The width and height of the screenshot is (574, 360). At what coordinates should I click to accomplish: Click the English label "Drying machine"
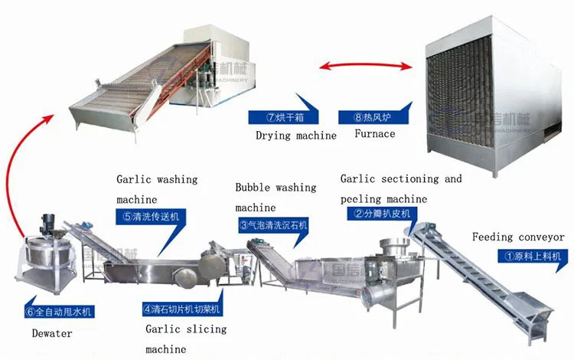[x=295, y=136]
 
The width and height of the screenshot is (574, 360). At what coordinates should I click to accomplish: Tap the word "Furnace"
[x=375, y=133]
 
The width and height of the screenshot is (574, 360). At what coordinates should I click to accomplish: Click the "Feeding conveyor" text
[x=518, y=237]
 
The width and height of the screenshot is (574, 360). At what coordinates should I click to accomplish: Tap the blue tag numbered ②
[x=383, y=214]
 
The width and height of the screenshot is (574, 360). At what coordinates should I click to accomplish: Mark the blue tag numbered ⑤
[x=150, y=217]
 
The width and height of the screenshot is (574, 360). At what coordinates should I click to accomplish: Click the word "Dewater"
[x=51, y=334]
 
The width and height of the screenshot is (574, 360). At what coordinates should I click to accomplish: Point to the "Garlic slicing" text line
[x=186, y=329]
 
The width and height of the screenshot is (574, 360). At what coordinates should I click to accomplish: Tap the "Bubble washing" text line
[x=276, y=187]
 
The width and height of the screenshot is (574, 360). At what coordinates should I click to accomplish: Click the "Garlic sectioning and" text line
[x=401, y=179]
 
